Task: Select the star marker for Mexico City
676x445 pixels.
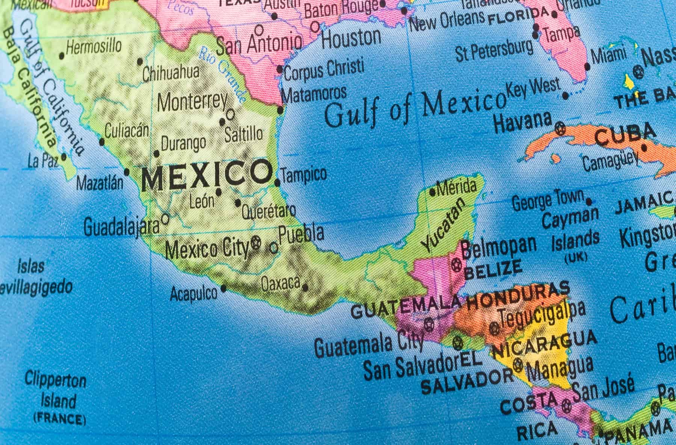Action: pos(257,242)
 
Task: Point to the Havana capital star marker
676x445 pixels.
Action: pos(560,129)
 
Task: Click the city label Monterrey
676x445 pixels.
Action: pos(192,101)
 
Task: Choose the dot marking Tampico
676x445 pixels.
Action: pos(278,183)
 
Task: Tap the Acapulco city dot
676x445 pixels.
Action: pos(224,288)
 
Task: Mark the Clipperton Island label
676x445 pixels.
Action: pos(56,391)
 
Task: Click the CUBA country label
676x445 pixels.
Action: pos(625,135)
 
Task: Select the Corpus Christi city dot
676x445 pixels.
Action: pos(280,69)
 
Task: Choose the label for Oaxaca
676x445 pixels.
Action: pos(281,284)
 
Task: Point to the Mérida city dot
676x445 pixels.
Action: pos(433,193)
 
